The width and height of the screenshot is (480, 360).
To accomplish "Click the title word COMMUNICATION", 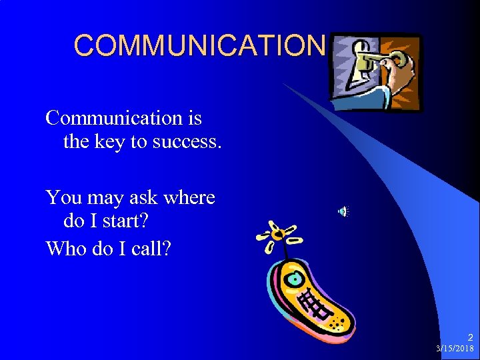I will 199,45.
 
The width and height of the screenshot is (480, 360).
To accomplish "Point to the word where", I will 189,197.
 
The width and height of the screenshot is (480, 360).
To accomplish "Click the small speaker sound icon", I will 343,212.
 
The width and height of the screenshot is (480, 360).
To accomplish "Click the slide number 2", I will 469,338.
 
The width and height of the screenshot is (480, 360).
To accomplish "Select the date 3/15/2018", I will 455,349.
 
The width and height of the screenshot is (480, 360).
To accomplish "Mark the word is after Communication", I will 195,118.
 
